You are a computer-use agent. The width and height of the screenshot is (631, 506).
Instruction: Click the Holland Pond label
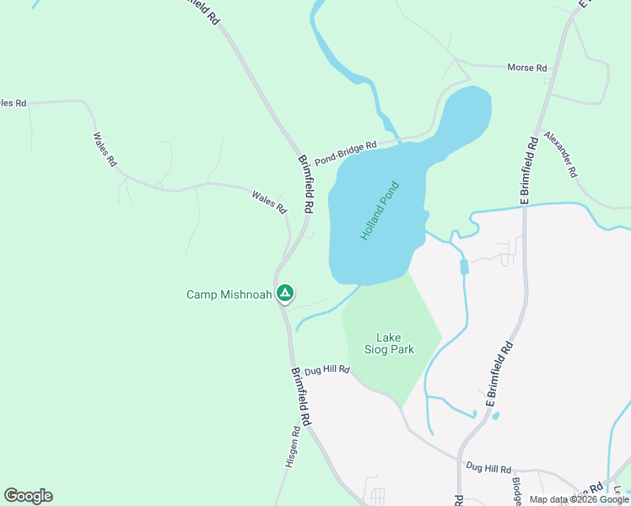(379, 211)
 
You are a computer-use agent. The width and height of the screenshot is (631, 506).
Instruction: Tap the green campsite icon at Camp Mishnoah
(285, 293)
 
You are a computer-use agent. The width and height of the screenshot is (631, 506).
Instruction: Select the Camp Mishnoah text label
(229, 294)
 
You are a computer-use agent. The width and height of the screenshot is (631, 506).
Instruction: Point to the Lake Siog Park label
(389, 343)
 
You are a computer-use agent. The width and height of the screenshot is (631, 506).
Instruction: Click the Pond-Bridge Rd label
(345, 153)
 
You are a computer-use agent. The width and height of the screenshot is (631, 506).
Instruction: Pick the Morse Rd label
(526, 67)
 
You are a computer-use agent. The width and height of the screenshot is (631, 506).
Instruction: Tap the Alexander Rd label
(560, 153)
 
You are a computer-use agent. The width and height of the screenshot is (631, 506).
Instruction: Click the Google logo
(28, 496)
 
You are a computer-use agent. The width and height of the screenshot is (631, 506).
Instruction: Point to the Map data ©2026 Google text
(579, 499)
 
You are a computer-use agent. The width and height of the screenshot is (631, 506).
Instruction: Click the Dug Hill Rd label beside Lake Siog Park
(326, 369)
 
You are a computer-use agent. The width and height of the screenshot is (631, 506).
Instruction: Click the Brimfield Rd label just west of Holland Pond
(306, 182)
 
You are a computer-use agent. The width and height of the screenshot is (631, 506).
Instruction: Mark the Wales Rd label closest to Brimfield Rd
(269, 201)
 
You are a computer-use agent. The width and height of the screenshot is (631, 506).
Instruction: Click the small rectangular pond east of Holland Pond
(463, 267)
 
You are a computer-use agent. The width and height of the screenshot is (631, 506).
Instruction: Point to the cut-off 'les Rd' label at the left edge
(13, 103)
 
